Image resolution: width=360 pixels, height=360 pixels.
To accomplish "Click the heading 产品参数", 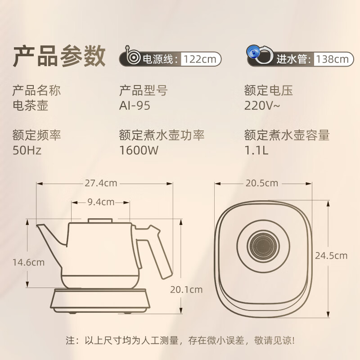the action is [x=59, y=56].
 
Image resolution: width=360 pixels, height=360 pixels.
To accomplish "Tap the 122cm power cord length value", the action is [x=200, y=59].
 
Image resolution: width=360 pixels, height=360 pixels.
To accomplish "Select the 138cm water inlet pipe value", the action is [x=332, y=59].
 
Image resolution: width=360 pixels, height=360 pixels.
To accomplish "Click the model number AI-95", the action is [x=135, y=106].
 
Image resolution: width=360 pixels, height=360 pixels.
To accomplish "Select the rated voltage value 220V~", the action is [x=262, y=106].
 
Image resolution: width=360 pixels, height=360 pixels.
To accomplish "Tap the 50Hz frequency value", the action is [x=27, y=150].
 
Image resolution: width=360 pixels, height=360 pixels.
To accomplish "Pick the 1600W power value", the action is [x=139, y=150].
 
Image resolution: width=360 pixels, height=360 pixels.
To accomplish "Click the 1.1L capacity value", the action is [x=256, y=150].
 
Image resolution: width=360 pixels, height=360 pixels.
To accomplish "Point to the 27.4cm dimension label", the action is [x=101, y=183].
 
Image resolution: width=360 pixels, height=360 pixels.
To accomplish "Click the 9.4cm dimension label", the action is [x=101, y=202].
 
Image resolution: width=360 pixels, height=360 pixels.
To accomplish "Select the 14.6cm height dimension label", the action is [x=28, y=262].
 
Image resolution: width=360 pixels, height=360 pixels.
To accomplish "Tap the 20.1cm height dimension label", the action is [x=186, y=290].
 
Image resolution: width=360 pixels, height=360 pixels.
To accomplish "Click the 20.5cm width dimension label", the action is [x=262, y=183].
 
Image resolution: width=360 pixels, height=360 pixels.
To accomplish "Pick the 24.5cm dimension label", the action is [x=331, y=256].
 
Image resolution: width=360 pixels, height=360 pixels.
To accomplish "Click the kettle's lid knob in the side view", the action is [x=100, y=220].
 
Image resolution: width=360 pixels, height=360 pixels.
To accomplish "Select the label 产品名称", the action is [x=37, y=90].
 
